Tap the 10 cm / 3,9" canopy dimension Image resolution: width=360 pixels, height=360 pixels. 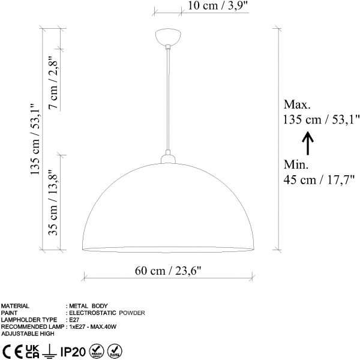[204, 7]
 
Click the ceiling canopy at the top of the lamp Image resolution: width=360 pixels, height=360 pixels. [167, 37]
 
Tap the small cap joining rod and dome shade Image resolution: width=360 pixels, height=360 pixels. [167, 158]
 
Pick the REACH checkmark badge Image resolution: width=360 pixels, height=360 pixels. [96, 350]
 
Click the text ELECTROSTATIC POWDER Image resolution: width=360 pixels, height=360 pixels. [106, 313]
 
